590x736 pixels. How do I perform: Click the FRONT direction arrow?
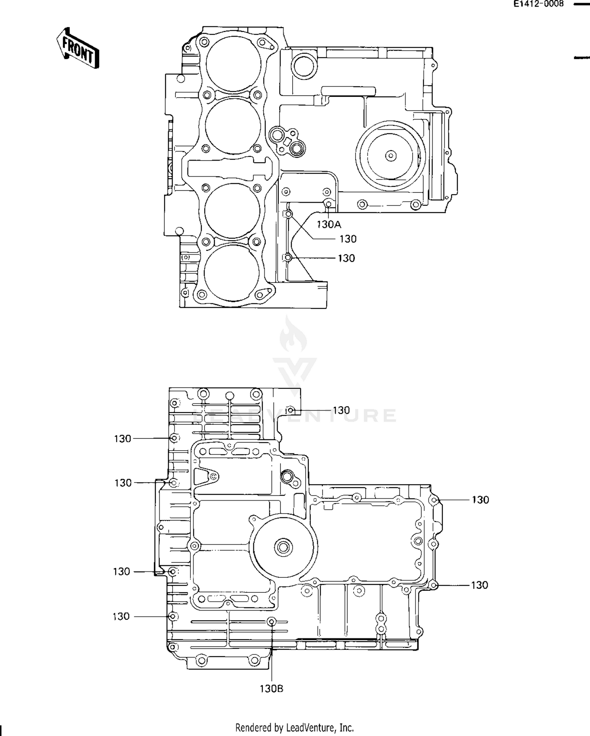click(77, 48)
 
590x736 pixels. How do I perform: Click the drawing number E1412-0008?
click(538, 4)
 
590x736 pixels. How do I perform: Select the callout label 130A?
click(329, 225)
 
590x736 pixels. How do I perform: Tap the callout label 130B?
click(271, 689)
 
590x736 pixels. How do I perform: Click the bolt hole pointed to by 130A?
click(328, 203)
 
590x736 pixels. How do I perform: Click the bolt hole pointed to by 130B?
click(271, 622)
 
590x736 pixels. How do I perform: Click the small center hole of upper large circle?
click(391, 156)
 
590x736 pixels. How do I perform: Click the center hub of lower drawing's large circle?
click(284, 547)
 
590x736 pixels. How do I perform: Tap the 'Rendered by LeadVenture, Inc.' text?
click(295, 728)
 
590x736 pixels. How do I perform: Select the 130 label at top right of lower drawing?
click(341, 410)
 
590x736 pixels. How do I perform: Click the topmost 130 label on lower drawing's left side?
click(122, 438)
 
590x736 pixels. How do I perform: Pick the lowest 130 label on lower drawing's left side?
click(121, 616)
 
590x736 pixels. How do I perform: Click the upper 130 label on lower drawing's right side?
click(480, 500)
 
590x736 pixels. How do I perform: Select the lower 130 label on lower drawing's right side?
click(479, 585)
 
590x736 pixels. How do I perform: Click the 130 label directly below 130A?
click(348, 239)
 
